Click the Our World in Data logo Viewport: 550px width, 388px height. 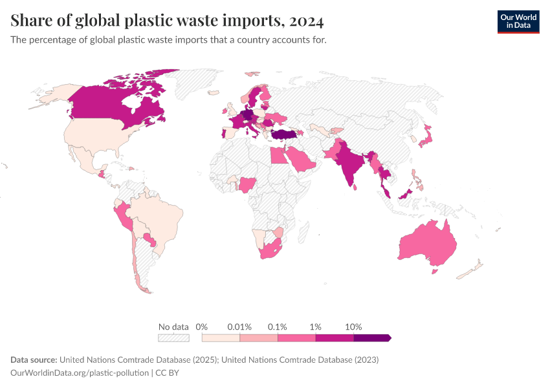point(518,21)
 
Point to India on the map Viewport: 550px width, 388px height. point(349,165)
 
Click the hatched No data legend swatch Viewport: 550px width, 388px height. point(173,338)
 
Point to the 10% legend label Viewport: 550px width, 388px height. point(354,327)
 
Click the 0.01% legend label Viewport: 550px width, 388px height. point(240,327)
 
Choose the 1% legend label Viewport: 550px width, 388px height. point(316,327)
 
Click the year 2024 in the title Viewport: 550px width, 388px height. point(307,21)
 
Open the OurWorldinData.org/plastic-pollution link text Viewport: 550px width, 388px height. point(79,373)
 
